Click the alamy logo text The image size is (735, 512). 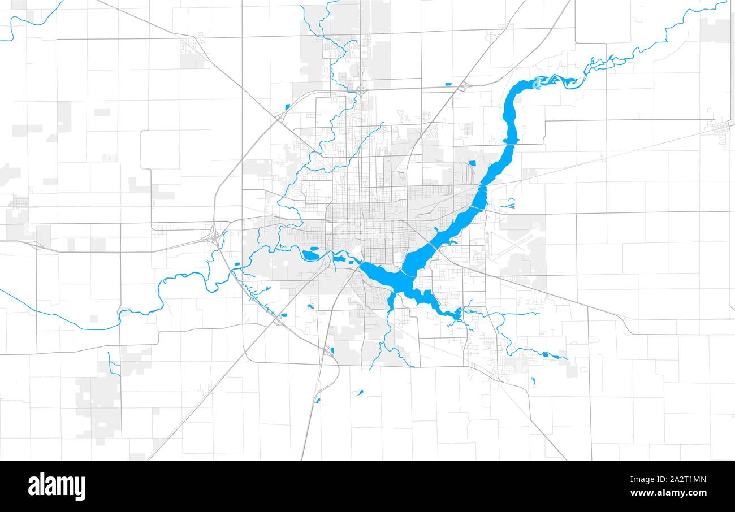[57, 487]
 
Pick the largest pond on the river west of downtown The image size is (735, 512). [310, 255]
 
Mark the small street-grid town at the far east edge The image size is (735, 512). [721, 129]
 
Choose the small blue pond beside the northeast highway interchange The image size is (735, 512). [448, 84]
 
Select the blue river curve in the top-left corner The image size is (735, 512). [28, 20]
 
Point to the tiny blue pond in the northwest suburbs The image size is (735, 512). [287, 106]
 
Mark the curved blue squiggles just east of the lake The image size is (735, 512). [508, 203]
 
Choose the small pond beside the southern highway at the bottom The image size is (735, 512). [318, 401]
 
